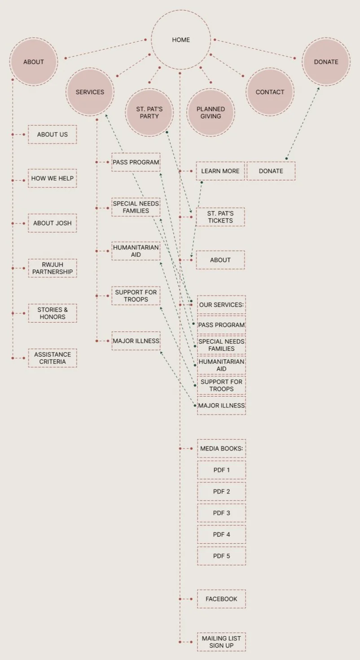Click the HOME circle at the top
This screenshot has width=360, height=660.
(x=181, y=40)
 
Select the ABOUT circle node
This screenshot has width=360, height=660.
(x=34, y=62)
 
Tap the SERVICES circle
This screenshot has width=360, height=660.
(x=90, y=92)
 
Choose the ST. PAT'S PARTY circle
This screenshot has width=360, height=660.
(x=149, y=112)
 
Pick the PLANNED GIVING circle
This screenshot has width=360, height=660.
(x=211, y=112)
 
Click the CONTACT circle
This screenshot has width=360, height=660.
(x=270, y=92)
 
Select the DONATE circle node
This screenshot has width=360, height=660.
(x=326, y=62)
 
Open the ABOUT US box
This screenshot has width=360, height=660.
(x=53, y=134)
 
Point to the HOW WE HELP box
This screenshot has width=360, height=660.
(x=53, y=178)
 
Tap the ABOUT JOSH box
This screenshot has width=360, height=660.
(x=53, y=223)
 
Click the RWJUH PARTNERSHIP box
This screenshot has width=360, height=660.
(x=53, y=268)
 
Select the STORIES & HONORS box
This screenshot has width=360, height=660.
(x=53, y=313)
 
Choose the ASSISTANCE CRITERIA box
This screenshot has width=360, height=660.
(x=53, y=358)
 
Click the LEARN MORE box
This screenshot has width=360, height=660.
(x=220, y=171)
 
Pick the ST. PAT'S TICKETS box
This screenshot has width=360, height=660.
(x=220, y=217)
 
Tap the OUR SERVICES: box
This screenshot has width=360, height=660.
(x=221, y=305)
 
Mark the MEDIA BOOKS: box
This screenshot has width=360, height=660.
(x=221, y=448)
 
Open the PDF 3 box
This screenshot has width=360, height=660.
(x=221, y=513)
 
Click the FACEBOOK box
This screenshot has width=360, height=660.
(x=221, y=599)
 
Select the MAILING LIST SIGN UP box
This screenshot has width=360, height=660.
(x=221, y=642)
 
